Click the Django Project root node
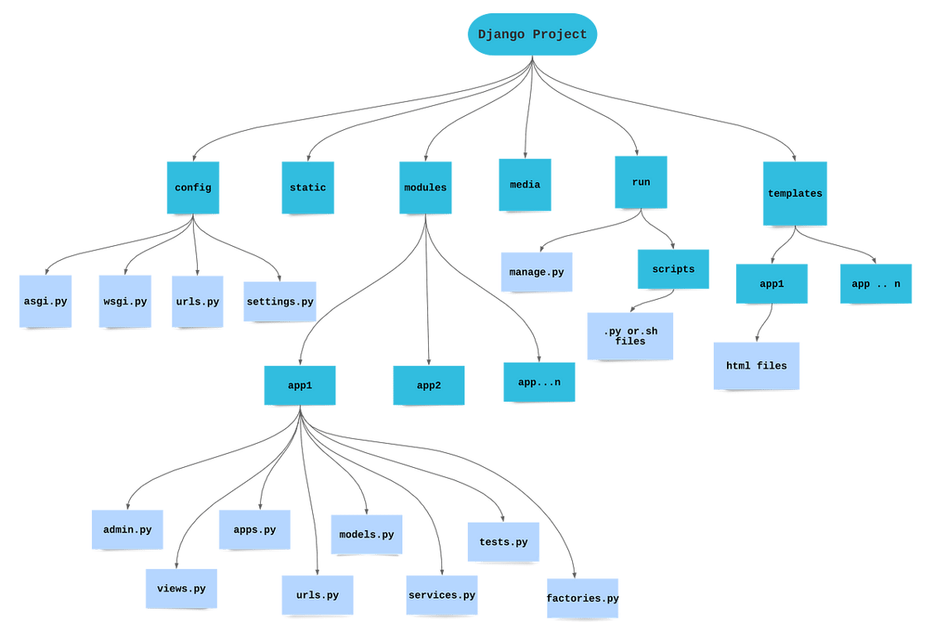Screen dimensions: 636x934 pyautogui.click(x=532, y=35)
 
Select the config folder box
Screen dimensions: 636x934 pyautogui.click(x=193, y=188)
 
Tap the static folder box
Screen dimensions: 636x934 pyautogui.click(x=307, y=188)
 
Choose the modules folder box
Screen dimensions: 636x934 pyautogui.click(x=425, y=188)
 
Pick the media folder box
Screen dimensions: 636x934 pyautogui.click(x=525, y=185)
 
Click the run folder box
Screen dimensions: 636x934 pyautogui.click(x=641, y=182)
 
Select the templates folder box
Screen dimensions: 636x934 pyautogui.click(x=795, y=194)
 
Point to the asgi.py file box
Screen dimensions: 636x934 pyautogui.click(x=46, y=301)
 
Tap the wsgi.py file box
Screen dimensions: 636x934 pyautogui.click(x=125, y=301)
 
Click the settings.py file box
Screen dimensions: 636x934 pyautogui.click(x=280, y=301)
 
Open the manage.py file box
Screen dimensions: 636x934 pyautogui.click(x=537, y=272)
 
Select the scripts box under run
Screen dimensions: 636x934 pyautogui.click(x=673, y=269)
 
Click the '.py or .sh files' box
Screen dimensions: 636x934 pyautogui.click(x=629, y=335)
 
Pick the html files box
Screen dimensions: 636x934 pyautogui.click(x=757, y=365)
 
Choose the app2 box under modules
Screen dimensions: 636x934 pyautogui.click(x=428, y=385)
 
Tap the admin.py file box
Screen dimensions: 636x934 pyautogui.click(x=128, y=530)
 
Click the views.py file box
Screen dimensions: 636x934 pyautogui.click(x=181, y=589)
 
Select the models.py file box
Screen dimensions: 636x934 pyautogui.click(x=366, y=535)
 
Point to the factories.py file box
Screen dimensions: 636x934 pyautogui.click(x=583, y=598)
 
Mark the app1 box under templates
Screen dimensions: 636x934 pyautogui.click(x=772, y=284)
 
